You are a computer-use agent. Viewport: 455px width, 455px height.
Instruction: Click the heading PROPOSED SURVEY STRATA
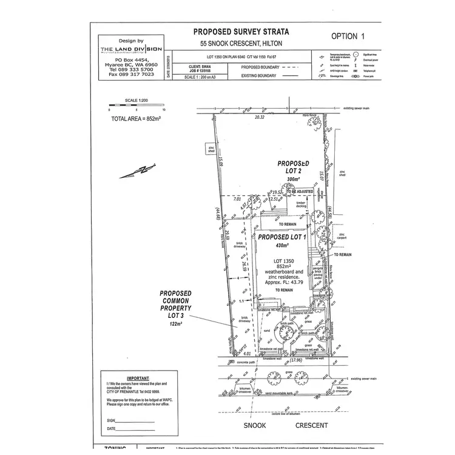click(x=241, y=32)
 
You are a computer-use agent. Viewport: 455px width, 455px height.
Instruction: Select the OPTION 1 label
click(x=348, y=36)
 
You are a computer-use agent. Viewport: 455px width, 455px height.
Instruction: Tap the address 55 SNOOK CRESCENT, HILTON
click(x=241, y=44)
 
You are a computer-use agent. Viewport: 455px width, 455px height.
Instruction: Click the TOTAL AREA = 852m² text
click(x=134, y=119)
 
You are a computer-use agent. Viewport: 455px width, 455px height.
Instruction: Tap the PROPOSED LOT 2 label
click(x=294, y=168)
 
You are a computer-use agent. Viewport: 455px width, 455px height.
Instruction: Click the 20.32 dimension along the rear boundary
click(x=260, y=116)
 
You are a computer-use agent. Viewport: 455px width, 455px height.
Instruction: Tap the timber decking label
click(x=301, y=204)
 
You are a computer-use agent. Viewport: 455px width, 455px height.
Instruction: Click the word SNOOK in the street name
click(x=255, y=426)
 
